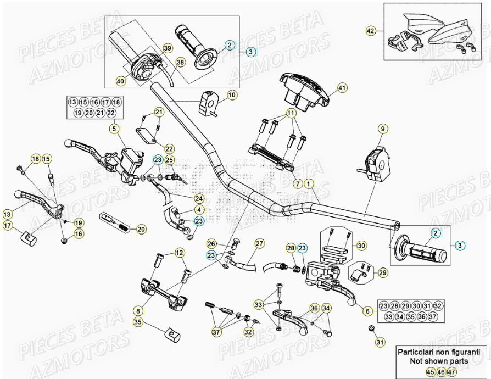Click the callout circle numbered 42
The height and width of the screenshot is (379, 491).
coord(371,31)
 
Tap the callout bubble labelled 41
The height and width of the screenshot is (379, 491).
coord(342,88)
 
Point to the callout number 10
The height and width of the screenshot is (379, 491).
coord(232,95)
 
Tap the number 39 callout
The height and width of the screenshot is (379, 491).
coord(166,49)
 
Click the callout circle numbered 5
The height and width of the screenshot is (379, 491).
coord(114,129)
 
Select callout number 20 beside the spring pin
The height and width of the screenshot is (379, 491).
coord(141,229)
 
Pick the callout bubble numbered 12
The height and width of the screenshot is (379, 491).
coord(180,252)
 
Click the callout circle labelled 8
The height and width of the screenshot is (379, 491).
coord(137,310)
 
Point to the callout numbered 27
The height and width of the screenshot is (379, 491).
coord(259,243)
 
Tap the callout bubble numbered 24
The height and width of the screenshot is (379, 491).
coord(198,198)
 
